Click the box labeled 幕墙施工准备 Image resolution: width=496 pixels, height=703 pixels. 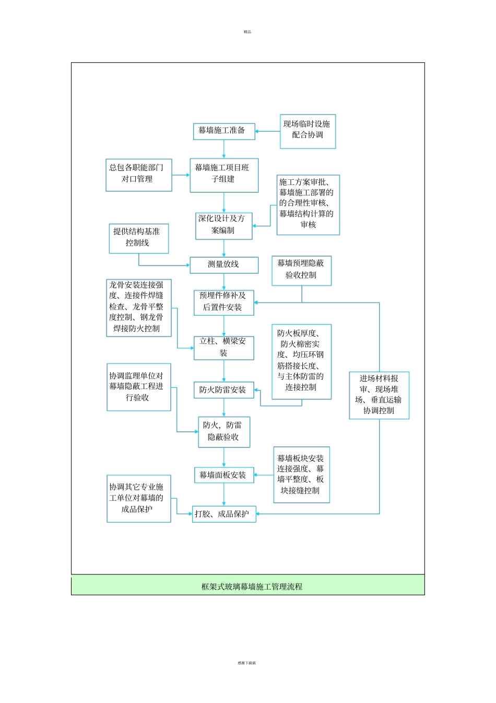pos(224,131)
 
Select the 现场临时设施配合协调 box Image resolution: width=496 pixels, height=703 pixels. pos(308,131)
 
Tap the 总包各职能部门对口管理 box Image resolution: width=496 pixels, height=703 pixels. pos(138,175)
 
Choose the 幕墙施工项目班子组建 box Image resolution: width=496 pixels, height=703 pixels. pos(224,175)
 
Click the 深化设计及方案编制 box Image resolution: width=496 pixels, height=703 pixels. pos(223,226)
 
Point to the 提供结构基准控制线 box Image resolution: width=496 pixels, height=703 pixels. pos(138,238)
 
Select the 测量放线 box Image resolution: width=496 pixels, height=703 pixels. pos(224,264)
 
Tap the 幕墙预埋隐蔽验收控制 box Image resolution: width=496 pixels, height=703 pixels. pos(301,270)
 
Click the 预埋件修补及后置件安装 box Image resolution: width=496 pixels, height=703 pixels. pos(223,303)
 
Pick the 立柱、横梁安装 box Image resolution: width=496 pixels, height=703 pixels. pos(223,348)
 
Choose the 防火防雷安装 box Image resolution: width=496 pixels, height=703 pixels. pos(223,390)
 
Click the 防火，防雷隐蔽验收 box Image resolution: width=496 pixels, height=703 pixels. pos(223,432)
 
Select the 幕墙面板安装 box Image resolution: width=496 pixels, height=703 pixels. pos(223,475)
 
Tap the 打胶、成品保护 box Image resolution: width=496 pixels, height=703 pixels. pos(223,514)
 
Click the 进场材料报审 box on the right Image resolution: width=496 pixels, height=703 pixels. pos(379,395)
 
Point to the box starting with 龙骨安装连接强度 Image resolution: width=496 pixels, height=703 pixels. pos(138,307)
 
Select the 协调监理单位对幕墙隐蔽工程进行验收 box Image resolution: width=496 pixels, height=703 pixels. pos(138,387)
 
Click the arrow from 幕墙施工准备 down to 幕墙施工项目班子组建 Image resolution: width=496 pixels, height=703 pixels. pos(224,149)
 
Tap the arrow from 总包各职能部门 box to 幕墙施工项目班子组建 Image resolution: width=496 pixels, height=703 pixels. pos(181,175)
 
